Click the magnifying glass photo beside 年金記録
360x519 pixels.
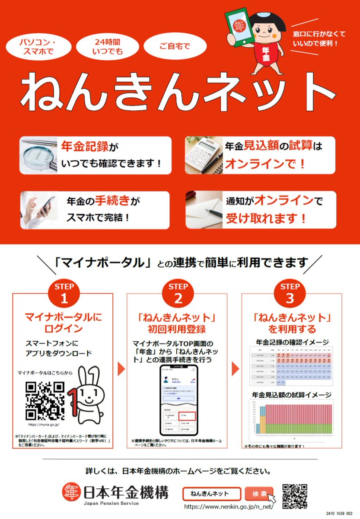(38, 154)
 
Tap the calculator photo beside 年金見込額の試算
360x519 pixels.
(204, 154)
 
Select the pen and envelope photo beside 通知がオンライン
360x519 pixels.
(204, 210)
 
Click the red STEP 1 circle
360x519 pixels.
(64, 293)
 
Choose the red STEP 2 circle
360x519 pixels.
(178, 293)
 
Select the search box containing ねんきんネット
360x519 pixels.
(212, 493)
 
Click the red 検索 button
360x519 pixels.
(258, 493)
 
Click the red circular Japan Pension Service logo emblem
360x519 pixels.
(70, 492)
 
